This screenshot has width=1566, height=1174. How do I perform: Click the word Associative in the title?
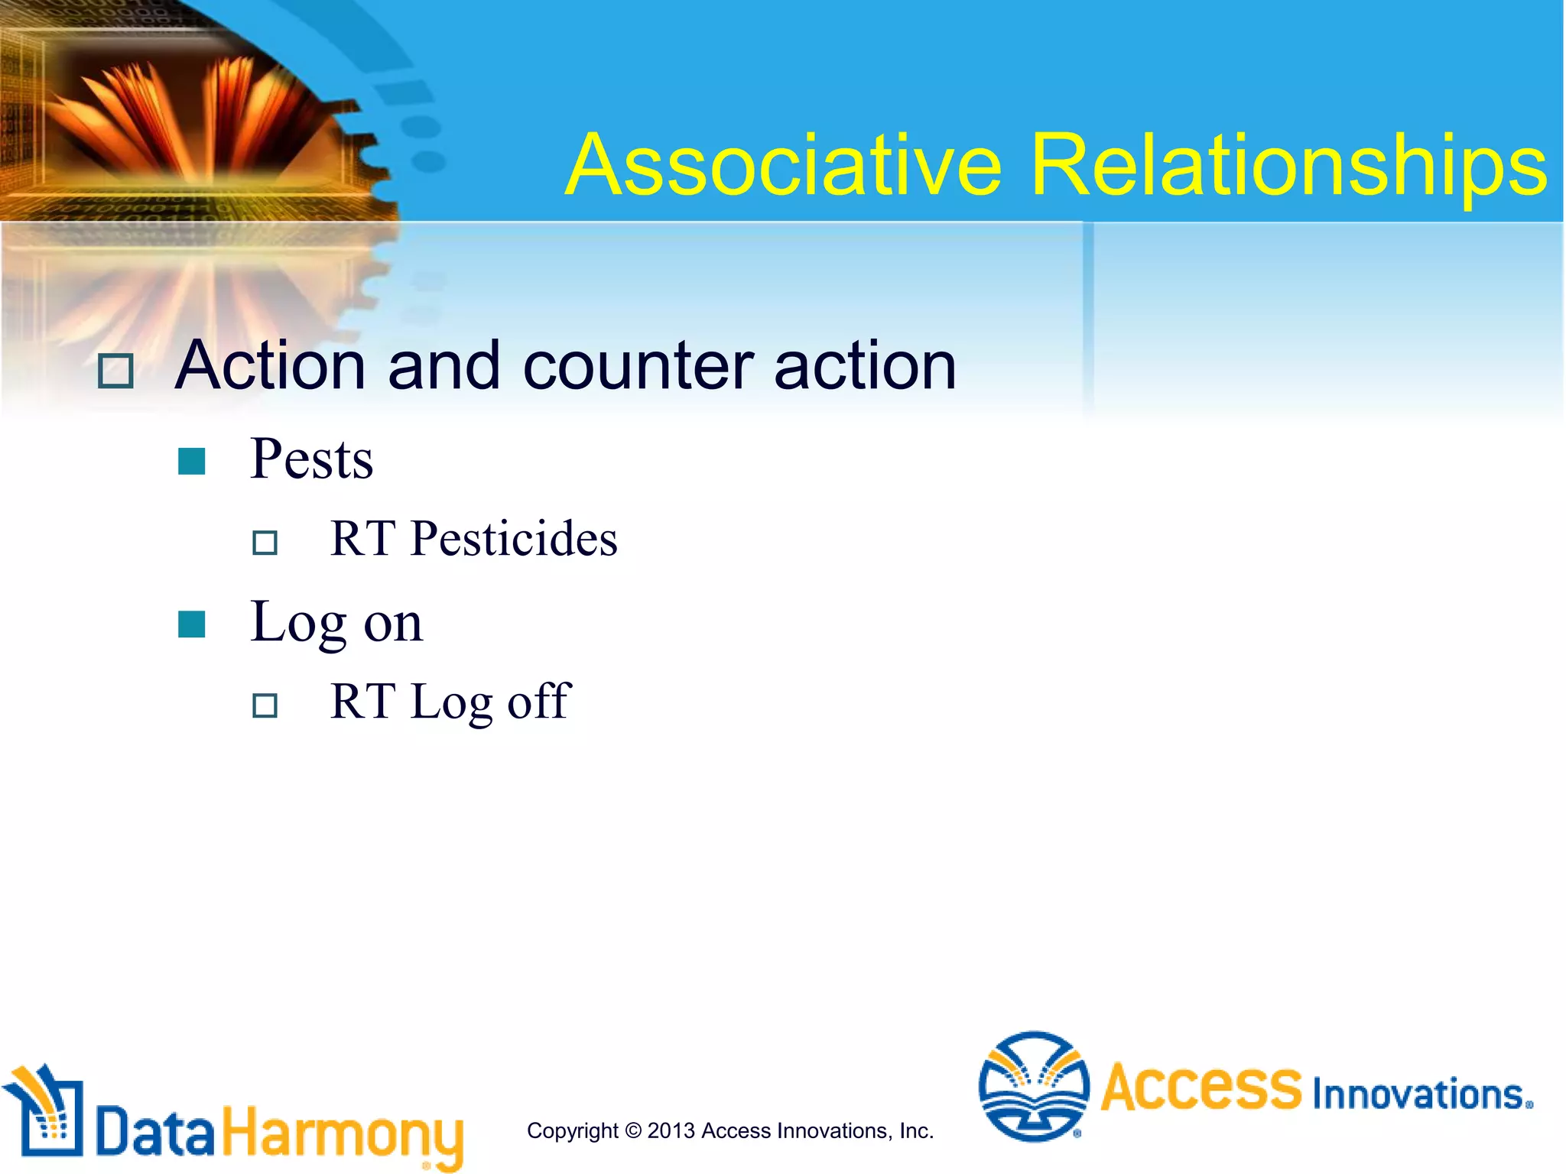[784, 166]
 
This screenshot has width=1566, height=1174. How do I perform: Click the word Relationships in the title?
[1288, 166]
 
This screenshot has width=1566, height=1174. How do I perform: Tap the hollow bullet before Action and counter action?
[116, 371]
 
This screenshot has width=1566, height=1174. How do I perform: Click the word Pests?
[311, 459]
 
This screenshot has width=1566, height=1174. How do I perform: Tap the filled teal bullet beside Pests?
[191, 461]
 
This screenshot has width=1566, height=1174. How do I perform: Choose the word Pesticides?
[513, 539]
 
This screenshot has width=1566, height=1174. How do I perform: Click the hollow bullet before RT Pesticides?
[265, 543]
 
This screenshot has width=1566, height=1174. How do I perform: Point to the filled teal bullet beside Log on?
[191, 624]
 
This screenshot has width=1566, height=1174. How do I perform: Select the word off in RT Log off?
[539, 701]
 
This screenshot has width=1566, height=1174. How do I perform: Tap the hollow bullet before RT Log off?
[265, 705]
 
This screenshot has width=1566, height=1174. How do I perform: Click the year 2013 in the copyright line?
[671, 1130]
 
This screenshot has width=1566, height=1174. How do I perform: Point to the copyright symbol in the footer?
[633, 1130]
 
